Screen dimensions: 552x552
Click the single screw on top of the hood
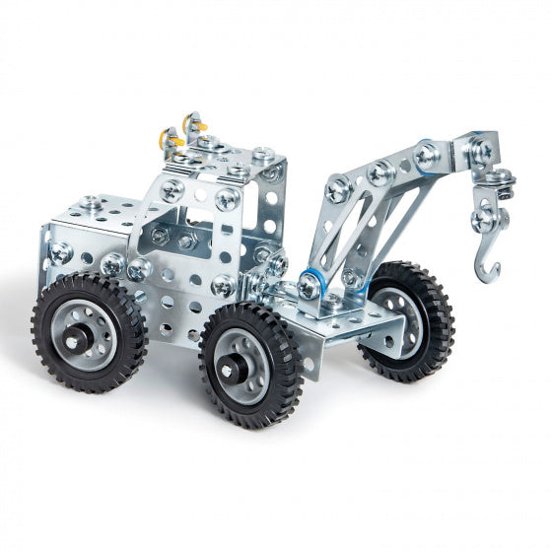pyautogui.click(x=91, y=202)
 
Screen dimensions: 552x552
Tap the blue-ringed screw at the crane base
pyautogui.click(x=310, y=286)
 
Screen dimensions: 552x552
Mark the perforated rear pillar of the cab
pyautogui.click(x=269, y=207)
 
